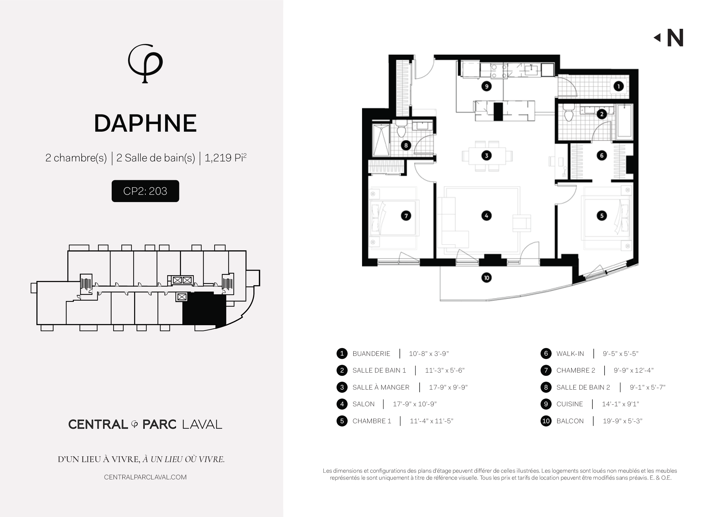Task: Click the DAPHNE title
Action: click(145, 123)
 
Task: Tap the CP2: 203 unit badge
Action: click(145, 191)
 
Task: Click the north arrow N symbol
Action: click(669, 38)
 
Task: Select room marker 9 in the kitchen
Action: click(486, 86)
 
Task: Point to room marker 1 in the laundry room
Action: click(618, 86)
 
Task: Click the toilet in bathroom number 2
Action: click(569, 113)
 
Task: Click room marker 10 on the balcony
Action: click(486, 278)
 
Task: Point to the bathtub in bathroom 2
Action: click(624, 122)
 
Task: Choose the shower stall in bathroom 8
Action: click(381, 140)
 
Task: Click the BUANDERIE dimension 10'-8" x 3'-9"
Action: click(429, 354)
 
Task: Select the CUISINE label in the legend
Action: click(569, 404)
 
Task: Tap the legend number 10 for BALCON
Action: click(546, 421)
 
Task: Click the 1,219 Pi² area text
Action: click(225, 157)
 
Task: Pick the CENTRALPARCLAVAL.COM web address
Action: click(145, 477)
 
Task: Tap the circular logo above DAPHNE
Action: click(145, 63)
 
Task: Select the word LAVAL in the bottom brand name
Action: click(202, 424)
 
